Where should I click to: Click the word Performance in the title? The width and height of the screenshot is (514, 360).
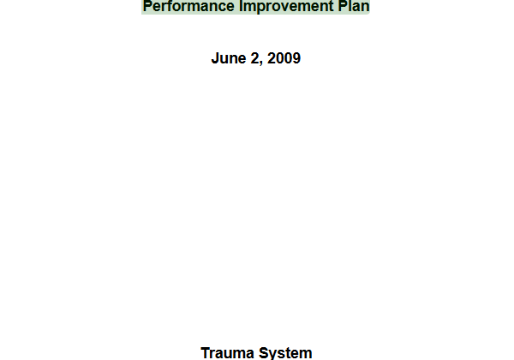click(188, 7)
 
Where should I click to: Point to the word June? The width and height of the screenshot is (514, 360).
click(229, 58)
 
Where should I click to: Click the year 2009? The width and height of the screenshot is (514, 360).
click(284, 58)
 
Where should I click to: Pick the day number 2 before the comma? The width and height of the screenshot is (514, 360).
click(254, 58)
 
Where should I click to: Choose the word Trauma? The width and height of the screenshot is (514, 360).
click(227, 353)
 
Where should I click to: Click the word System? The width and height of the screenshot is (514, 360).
click(285, 353)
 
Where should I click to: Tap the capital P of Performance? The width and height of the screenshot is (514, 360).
click(148, 6)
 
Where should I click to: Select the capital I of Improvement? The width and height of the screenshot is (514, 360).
click(242, 6)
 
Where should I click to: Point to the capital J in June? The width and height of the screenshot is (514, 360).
click(215, 58)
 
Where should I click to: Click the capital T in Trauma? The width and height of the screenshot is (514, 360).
click(206, 353)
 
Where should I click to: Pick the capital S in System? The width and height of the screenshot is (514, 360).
click(264, 353)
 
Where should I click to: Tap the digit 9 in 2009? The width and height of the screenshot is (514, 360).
click(296, 58)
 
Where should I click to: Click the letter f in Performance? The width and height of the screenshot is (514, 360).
click(173, 6)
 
